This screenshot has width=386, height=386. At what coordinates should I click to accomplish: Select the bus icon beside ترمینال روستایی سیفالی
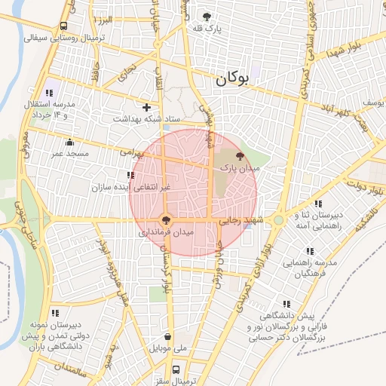click(63, 24)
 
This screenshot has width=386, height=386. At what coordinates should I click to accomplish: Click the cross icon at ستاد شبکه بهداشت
click(146, 107)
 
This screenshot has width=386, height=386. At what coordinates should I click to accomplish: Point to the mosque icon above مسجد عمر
click(70, 142)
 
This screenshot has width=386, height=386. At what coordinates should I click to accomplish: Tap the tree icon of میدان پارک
click(240, 157)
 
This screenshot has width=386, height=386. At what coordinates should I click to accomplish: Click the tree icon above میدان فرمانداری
click(166, 221)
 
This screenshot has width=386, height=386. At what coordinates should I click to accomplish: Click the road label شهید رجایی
click(240, 221)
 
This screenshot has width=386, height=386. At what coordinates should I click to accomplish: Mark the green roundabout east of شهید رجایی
click(278, 220)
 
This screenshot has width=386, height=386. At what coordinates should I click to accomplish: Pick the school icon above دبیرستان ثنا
click(318, 204)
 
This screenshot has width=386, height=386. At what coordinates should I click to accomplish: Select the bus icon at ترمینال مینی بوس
click(176, 370)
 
